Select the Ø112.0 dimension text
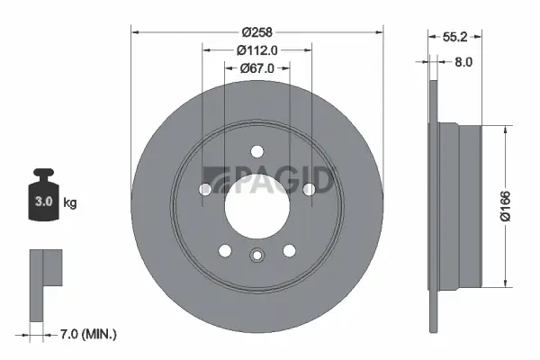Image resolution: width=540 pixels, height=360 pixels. point(256,51)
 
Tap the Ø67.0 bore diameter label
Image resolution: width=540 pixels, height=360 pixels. point(256,68)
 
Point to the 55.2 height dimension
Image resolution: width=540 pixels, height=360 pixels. point(454,37)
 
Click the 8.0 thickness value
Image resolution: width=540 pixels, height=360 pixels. point(464,63)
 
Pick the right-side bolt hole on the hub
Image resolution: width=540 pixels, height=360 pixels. point(310,189)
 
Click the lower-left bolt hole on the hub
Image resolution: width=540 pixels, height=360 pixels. point(224,251)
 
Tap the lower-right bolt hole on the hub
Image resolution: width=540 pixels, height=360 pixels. point(290,251)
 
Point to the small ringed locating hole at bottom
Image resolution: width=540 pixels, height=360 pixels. point(256,255)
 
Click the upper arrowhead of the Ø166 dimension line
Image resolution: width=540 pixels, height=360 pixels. point(502,127)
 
